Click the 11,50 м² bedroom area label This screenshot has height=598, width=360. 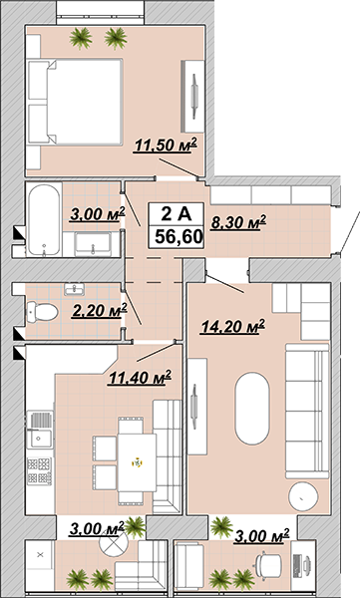(166, 146)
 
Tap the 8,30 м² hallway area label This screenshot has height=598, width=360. (238, 222)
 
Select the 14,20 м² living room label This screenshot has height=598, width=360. (233, 327)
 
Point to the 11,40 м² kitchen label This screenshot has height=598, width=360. (139, 378)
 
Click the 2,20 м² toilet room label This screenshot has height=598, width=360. (100, 310)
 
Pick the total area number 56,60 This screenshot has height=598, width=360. (179, 237)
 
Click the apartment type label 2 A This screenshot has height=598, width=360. (176, 214)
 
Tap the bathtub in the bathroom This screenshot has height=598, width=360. (44, 219)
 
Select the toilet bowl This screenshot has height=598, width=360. (42, 312)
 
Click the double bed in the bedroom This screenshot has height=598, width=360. (76, 102)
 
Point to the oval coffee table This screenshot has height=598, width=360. (252, 408)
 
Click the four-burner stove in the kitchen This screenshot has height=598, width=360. (39, 471)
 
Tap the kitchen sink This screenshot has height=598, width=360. (40, 430)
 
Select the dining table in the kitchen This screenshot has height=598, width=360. (137, 462)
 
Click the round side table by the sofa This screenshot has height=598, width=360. (303, 496)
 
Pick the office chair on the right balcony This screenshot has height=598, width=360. (268, 564)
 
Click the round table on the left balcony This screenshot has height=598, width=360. (113, 544)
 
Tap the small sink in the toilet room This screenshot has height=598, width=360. (75, 289)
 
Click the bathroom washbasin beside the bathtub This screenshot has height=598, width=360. (93, 244)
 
